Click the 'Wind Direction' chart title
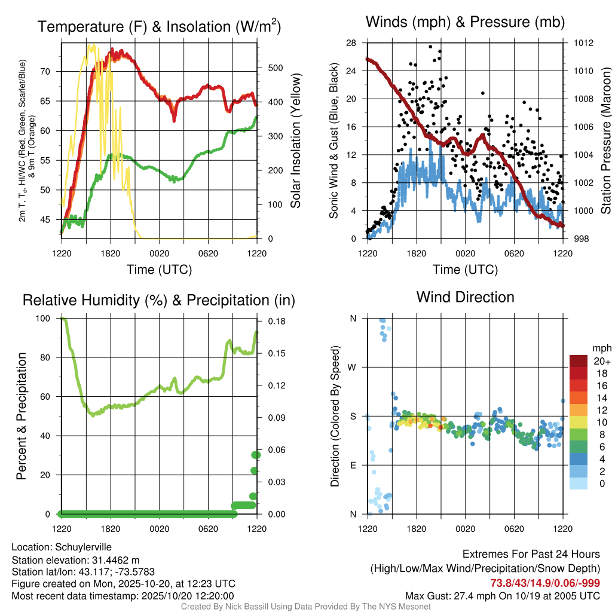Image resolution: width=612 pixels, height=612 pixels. click(x=465, y=297)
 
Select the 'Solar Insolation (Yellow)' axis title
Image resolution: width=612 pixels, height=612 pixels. click(x=296, y=140)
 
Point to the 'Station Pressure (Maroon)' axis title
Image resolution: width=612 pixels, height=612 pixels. click(x=605, y=140)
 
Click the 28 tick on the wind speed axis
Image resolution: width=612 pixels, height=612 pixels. click(x=351, y=43)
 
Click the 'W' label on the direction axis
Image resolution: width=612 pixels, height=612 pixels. click(x=353, y=367)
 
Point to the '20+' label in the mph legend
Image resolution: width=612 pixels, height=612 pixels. click(x=601, y=361)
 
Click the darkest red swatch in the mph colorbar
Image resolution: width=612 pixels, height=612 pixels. click(x=579, y=361)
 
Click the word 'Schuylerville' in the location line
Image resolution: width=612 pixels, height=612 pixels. click(x=83, y=547)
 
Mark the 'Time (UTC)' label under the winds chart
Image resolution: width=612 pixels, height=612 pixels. click(x=465, y=270)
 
